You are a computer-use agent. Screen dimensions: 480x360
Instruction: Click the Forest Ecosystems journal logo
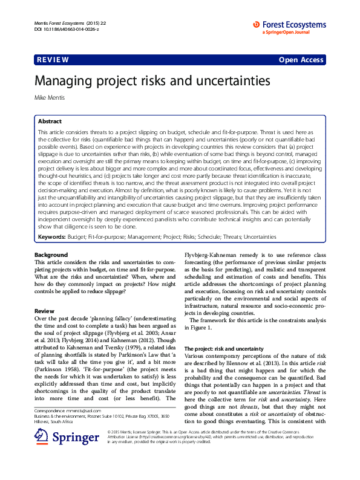[289, 28]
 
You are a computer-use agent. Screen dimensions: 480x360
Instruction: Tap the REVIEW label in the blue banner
[53, 60]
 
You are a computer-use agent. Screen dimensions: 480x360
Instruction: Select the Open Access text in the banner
[301, 60]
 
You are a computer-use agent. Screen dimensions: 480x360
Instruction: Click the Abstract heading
[50, 121]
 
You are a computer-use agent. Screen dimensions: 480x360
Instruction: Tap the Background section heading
[51, 255]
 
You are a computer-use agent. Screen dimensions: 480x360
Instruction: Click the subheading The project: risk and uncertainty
[223, 349]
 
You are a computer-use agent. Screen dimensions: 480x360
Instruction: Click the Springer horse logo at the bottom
[41, 453]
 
